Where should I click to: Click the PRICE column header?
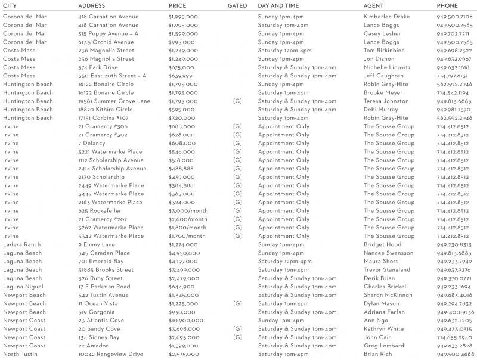tap(177, 5)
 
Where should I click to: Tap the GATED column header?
tap(238, 5)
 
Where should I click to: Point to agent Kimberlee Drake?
tap(386, 17)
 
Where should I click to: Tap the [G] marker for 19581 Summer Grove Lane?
tap(237, 101)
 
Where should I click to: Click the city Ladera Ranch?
tap(22, 244)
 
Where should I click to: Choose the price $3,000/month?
tap(188, 211)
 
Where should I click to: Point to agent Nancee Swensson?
tap(388, 253)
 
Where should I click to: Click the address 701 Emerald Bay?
tap(102, 262)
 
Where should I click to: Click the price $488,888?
tap(181, 169)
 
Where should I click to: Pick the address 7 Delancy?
tap(91, 144)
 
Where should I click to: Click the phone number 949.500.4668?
tap(455, 354)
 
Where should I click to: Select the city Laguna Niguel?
tap(23, 287)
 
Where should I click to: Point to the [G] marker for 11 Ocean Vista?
tap(237, 303)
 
